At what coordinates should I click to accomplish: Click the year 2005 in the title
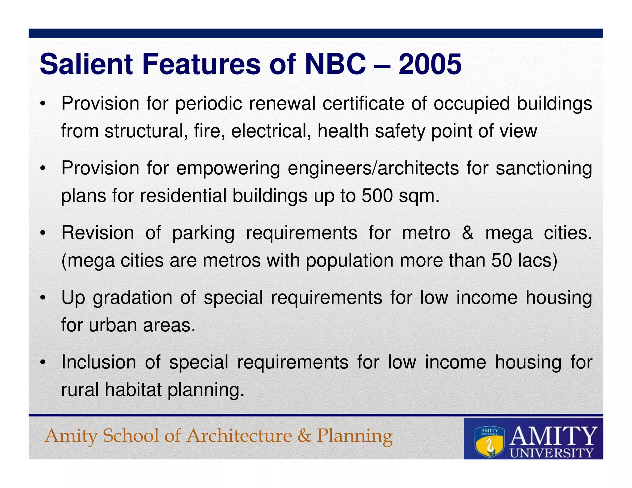coord(430,64)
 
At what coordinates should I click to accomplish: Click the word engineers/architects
coord(373,168)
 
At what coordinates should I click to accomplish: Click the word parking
coord(203,233)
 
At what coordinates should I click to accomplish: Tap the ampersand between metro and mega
coord(468,233)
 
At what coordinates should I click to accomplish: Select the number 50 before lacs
coord(502,260)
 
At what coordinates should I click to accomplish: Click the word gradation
coord(133,298)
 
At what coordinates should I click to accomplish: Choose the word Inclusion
coord(98,362)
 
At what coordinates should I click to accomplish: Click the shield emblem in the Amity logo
coord(489,442)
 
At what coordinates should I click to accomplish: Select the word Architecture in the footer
coord(239,436)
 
